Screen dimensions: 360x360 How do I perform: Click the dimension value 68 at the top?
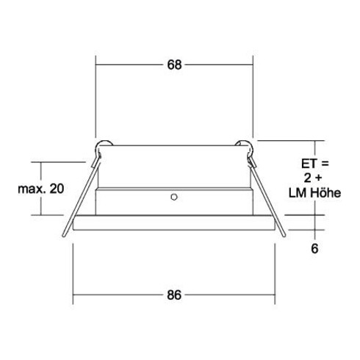(174, 65)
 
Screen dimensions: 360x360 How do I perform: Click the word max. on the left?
(30, 189)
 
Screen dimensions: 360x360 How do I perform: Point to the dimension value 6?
(314, 248)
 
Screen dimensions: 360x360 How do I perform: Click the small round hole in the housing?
(173, 197)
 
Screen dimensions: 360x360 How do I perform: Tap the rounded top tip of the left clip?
(104, 144)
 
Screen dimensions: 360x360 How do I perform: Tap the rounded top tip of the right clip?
(246, 144)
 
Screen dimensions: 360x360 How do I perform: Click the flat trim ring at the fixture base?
(174, 224)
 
